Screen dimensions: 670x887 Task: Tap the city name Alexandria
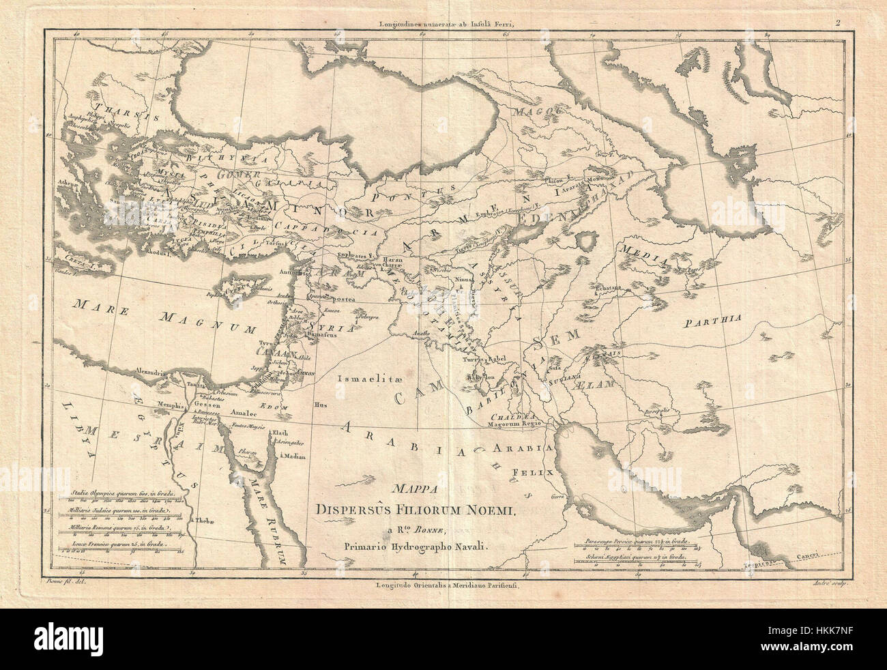coord(151,373)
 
